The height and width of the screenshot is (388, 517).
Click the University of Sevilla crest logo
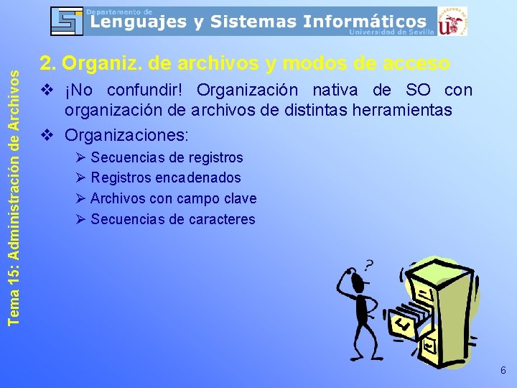pos(452,21)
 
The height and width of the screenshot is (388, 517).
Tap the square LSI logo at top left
pos(67,21)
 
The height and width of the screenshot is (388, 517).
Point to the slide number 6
pos(503,371)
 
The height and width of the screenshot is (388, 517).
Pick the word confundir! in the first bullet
pos(148,91)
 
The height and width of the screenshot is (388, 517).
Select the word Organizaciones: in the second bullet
pos(127,134)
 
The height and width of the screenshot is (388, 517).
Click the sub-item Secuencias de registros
pos(167,157)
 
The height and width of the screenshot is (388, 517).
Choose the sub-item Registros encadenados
pos(166,177)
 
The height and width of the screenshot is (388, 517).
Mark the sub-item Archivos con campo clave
pos(173,198)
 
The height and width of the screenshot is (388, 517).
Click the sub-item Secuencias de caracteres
pos(172,219)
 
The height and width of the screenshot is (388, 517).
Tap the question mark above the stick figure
pos(370,267)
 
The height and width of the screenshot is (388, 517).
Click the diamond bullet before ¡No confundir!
pos(48,91)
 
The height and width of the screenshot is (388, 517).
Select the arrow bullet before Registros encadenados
pos(80,177)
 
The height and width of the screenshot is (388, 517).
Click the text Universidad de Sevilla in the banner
pos(391,32)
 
